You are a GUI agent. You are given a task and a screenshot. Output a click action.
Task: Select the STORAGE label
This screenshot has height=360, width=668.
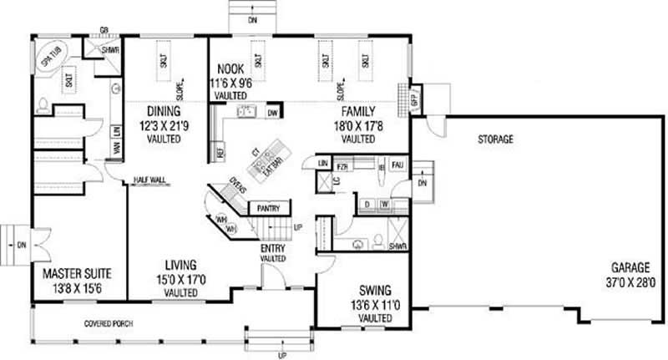point(495,139)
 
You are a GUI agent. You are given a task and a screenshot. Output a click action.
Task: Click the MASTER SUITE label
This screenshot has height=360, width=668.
point(77,273)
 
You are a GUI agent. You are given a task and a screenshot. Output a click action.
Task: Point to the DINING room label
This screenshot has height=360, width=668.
point(164,111)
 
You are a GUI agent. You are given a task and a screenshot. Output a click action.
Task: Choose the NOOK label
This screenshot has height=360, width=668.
point(230,70)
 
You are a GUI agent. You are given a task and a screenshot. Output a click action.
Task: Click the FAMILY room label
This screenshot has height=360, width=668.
point(357,111)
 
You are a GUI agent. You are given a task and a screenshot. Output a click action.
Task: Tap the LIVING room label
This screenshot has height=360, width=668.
point(180,266)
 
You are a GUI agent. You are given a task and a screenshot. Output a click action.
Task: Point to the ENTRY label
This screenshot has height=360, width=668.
point(273,247)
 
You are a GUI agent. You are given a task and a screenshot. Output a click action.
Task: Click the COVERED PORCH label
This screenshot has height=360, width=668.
point(109,323)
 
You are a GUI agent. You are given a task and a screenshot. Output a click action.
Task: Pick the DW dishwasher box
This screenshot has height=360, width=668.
point(272,112)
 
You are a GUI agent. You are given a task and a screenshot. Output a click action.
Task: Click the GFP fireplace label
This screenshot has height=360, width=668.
point(412,99)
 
